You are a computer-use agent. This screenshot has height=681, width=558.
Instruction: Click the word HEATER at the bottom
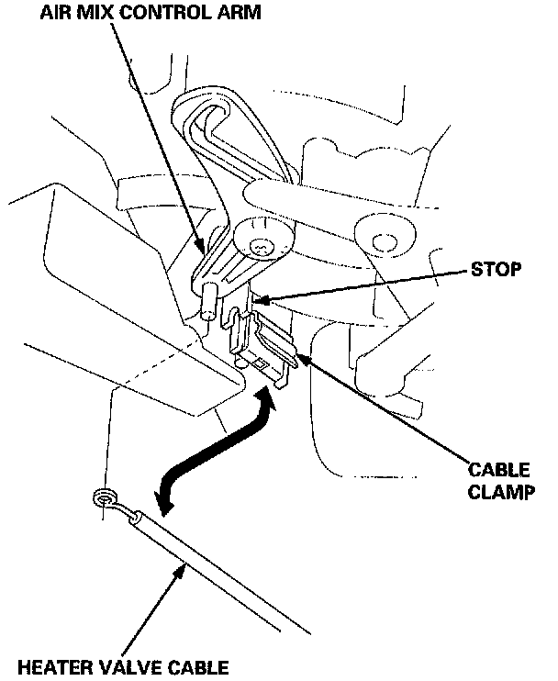point(50,667)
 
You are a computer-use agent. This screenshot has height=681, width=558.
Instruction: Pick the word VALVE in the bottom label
point(124,667)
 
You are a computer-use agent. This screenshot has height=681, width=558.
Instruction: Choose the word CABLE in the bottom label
point(194,667)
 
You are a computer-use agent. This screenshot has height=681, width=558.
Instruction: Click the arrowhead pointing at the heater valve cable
point(182,571)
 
